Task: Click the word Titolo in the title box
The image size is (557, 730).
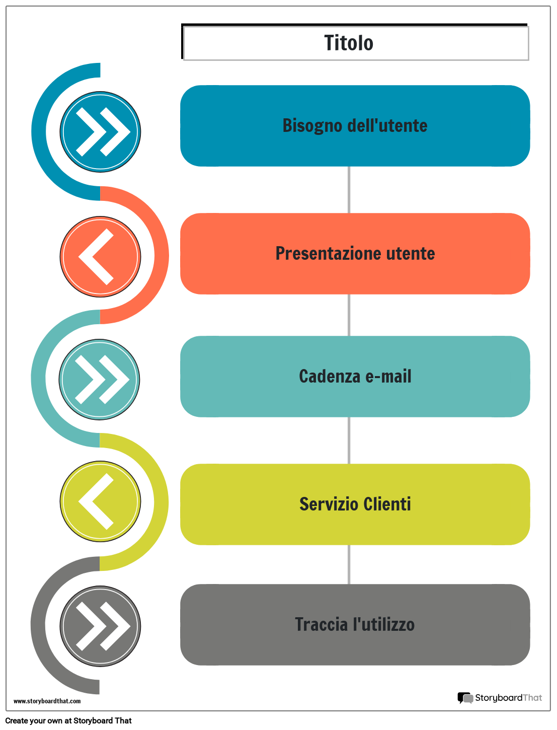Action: (x=349, y=43)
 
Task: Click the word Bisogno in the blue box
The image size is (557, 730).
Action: (x=312, y=126)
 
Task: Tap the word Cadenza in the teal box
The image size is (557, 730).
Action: (x=330, y=377)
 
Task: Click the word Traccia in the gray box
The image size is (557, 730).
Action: (x=321, y=624)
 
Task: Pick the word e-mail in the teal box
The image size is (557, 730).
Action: (x=388, y=377)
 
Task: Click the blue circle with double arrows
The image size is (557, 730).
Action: (x=100, y=132)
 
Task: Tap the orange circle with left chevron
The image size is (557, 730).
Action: (x=100, y=257)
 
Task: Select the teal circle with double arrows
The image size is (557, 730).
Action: (x=99, y=380)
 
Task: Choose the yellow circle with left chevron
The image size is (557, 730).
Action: (x=100, y=501)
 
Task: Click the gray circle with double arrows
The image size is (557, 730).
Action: (x=100, y=626)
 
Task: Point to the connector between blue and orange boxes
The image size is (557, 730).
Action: (x=349, y=190)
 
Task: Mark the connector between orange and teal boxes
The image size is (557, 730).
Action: (x=349, y=315)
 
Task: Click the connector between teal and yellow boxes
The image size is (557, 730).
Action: (x=349, y=441)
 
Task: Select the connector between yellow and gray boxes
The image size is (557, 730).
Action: (x=349, y=564)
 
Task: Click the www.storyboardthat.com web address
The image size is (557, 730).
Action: (x=47, y=701)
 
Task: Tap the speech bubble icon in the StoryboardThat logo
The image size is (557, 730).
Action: (x=465, y=698)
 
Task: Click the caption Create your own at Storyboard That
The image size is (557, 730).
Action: (x=68, y=721)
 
